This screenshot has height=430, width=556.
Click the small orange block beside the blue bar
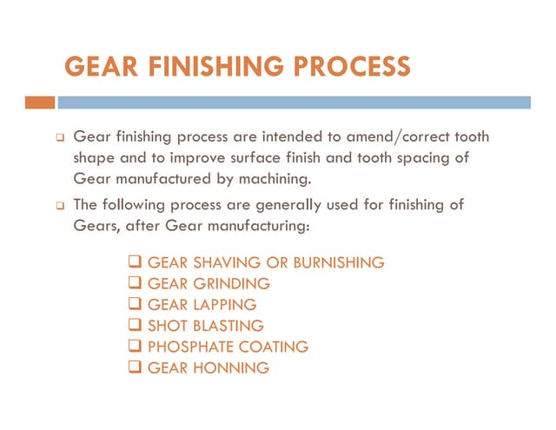(40, 103)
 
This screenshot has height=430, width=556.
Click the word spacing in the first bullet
(430, 159)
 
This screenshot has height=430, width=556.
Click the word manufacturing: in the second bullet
(261, 226)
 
